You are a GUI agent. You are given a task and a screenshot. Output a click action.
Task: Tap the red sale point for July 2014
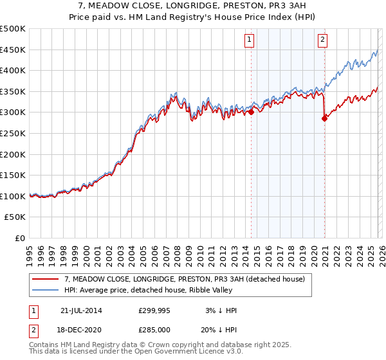[251, 112]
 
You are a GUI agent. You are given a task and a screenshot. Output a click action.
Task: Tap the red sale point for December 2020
[324, 118]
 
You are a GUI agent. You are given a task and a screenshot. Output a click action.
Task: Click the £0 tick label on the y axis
[19, 238]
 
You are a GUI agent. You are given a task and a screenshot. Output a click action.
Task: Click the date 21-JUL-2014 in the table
[81, 310]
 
